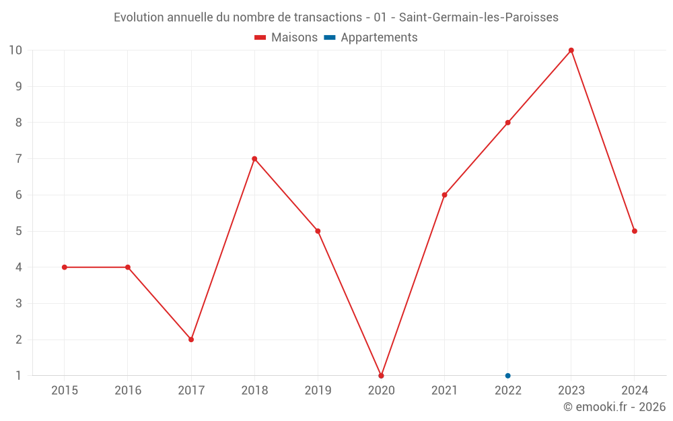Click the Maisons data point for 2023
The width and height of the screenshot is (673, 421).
[571, 51]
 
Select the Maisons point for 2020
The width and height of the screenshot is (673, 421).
[381, 376]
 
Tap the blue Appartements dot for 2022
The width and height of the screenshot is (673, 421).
[508, 376]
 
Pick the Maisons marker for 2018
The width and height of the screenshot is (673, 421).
[254, 159]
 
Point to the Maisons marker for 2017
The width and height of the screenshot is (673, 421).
[191, 339]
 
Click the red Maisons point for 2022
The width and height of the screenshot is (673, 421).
[508, 123]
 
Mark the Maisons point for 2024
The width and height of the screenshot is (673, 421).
[635, 231]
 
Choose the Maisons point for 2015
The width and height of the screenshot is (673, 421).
[65, 267]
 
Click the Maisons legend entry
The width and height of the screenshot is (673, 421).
[286, 38]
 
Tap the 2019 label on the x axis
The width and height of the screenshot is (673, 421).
[318, 391]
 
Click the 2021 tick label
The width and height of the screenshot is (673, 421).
[444, 391]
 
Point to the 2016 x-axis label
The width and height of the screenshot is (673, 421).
[128, 391]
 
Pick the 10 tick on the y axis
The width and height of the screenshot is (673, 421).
[15, 51]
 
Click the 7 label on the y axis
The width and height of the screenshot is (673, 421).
[19, 159]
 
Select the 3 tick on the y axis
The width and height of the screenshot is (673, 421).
[19, 303]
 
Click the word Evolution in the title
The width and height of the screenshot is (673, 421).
[139, 18]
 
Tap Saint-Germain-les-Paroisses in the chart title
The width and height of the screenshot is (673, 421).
[479, 18]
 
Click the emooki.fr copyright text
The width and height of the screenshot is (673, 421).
[614, 407]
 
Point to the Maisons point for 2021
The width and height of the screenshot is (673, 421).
[444, 195]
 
